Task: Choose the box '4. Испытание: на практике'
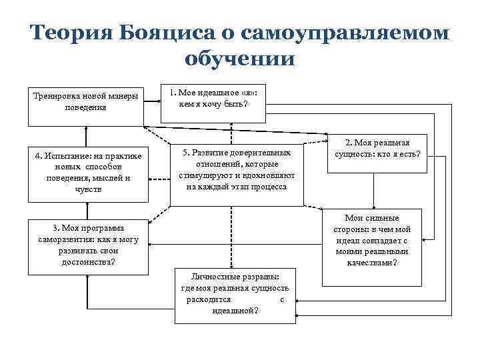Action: [88, 173]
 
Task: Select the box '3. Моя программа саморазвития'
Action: [88, 245]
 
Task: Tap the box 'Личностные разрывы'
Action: [234, 294]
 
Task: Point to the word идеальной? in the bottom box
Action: [235, 311]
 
